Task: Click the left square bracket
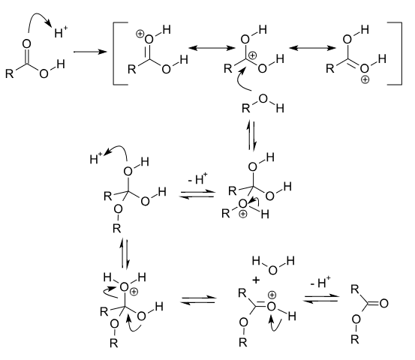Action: click(114, 54)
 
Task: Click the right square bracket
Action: click(401, 54)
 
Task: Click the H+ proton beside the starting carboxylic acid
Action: click(61, 32)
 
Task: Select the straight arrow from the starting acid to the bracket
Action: click(90, 52)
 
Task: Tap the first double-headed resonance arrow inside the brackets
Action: click(212, 48)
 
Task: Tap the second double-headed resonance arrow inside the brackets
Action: click(313, 48)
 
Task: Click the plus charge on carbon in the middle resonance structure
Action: click(253, 55)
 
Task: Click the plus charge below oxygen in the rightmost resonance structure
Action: click(365, 79)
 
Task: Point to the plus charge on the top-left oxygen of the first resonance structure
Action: click(140, 34)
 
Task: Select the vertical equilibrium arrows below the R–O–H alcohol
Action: click(251, 135)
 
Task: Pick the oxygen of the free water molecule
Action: click(272, 270)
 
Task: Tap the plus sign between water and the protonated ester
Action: click(256, 280)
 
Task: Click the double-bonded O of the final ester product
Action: click(383, 303)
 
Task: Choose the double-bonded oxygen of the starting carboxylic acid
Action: click(27, 44)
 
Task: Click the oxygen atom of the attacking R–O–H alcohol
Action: click(263, 99)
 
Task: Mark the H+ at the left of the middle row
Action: click(96, 158)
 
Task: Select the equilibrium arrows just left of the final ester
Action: click(321, 298)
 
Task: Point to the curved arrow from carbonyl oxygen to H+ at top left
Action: click(35, 15)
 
